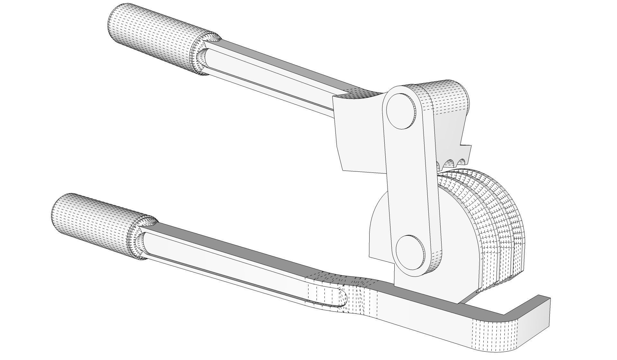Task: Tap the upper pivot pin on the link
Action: coord(401,111)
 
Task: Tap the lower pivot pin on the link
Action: coord(410,252)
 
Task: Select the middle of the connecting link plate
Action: coord(410,180)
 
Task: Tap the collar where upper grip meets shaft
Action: coord(202,55)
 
